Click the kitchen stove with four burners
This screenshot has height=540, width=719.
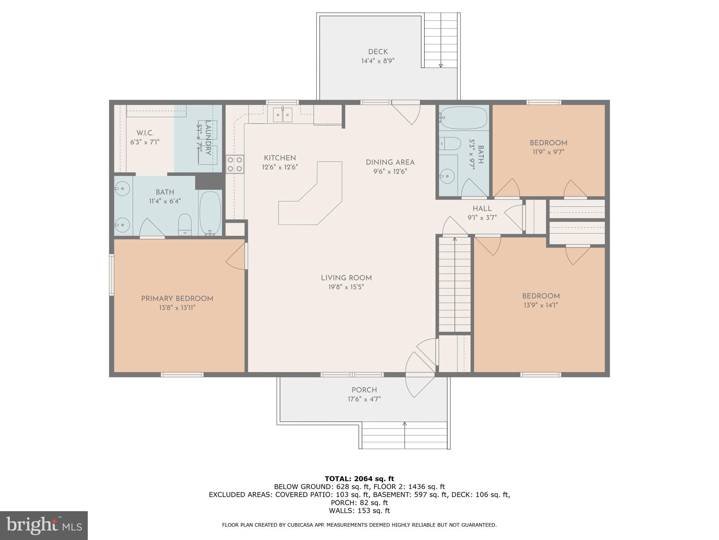click(x=235, y=164)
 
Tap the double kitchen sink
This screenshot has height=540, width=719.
click(x=283, y=115)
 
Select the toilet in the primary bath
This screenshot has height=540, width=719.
click(x=185, y=224)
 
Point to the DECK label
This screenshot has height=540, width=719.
click(x=378, y=52)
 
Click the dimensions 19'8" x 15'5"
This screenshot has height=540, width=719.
click(x=346, y=287)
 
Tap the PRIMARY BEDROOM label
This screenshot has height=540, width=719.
click(x=177, y=299)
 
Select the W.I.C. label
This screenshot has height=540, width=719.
click(x=145, y=133)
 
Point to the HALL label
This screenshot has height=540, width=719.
click(x=482, y=209)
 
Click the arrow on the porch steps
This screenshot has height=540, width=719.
click(x=404, y=425)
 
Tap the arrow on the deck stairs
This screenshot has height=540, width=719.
click(x=441, y=65)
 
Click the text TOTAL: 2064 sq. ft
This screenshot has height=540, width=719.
click(x=359, y=479)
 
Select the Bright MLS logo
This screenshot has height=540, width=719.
click(x=44, y=525)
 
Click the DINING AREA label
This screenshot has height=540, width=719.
click(x=390, y=162)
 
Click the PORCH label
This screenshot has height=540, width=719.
click(x=364, y=390)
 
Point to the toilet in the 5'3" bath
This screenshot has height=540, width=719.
click(x=450, y=143)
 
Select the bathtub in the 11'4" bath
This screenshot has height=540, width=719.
click(x=210, y=213)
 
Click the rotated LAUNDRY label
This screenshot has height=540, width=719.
click(x=208, y=138)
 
